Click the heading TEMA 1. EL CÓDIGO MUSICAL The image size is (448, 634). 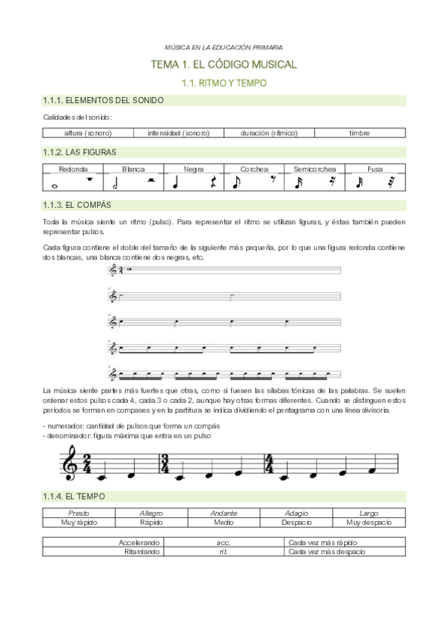tap(224, 65)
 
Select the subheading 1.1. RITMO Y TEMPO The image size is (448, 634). tap(224, 83)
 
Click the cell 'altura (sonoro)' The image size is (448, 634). tap(88, 133)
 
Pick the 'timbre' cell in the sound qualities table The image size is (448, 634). tap(359, 133)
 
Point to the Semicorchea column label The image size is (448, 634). tap(314, 169)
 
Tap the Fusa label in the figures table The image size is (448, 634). tap(375, 169)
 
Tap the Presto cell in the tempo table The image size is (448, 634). tap(79, 514)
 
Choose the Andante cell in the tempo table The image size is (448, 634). tap(224, 514)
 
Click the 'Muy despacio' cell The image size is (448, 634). tap(368, 523)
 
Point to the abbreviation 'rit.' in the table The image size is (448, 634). tap(224, 551)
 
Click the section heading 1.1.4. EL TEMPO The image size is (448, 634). tap(74, 496)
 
